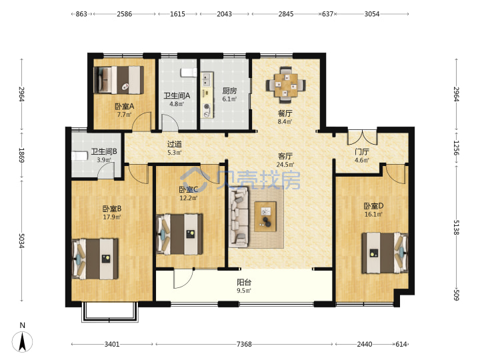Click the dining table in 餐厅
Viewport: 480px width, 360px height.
pos(285,85)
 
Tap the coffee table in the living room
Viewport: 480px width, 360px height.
pos(265,216)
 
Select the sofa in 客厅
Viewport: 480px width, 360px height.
pos(239,217)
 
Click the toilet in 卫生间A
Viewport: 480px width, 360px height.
pos(189,73)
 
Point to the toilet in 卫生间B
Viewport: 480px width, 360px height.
pos(79,156)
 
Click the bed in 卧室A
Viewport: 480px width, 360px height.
pos(119,80)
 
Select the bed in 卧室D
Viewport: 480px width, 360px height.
pos(385,253)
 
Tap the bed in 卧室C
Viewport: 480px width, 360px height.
pos(179,234)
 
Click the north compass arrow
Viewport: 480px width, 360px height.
pos(23,342)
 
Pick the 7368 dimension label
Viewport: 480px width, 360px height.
pos(244,344)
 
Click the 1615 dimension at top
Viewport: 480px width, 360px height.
pos(177,14)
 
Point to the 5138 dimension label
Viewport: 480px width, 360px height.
pos(456,227)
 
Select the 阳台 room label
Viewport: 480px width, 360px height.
pos(244,282)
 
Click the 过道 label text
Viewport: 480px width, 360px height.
pos(175,144)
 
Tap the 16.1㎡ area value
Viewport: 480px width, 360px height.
pos(373,214)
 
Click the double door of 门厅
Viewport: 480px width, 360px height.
pos(362,139)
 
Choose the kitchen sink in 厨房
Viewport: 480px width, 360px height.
pos(207,79)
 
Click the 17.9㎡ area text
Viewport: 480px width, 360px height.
pos(112,217)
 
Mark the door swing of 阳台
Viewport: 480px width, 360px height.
pos(183,279)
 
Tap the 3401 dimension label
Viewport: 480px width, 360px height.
pos(112,344)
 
